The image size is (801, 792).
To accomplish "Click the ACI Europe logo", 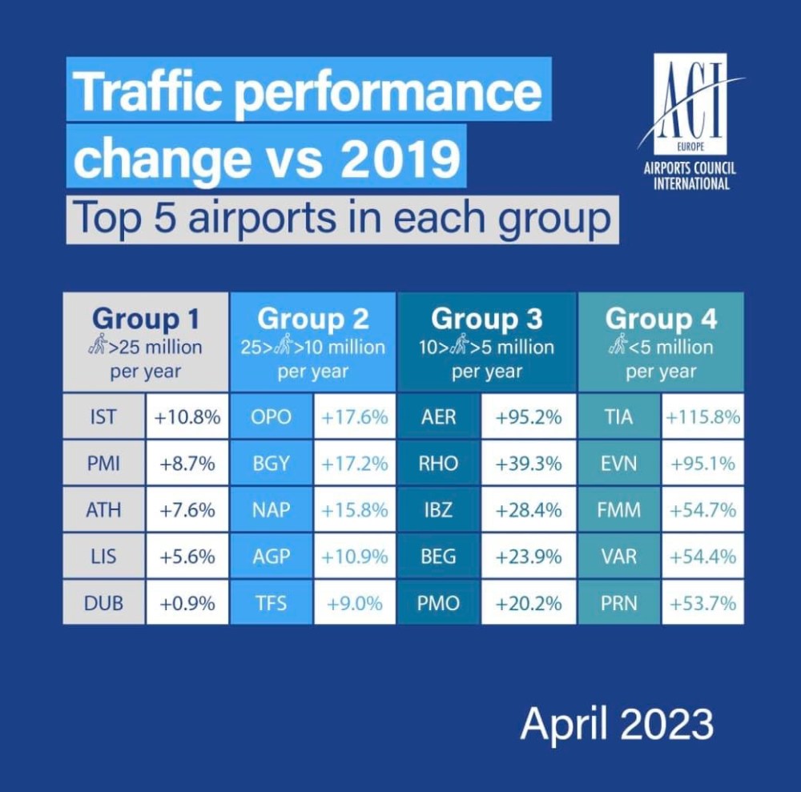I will pyautogui.click(x=690, y=104).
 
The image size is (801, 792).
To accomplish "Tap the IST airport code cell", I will pyautogui.click(x=104, y=416).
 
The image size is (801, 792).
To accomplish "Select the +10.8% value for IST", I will pyautogui.click(x=187, y=416).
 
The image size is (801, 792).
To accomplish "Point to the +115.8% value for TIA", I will pyautogui.click(x=702, y=416).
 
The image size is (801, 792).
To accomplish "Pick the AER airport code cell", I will pyautogui.click(x=439, y=416).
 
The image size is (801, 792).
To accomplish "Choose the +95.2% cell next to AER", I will pyautogui.click(x=528, y=416).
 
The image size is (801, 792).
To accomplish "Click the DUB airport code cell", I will pyautogui.click(x=104, y=603).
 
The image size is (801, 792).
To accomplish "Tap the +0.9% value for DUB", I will pyautogui.click(x=187, y=603).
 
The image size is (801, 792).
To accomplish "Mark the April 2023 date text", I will pyautogui.click(x=617, y=724).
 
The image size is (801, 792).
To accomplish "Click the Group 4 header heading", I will pyautogui.click(x=662, y=319).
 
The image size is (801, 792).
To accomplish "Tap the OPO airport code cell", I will pyautogui.click(x=271, y=416).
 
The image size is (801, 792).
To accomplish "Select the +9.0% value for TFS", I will pyautogui.click(x=355, y=603).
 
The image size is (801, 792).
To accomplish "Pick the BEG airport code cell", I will pyautogui.click(x=439, y=557).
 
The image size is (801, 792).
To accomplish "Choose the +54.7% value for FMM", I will pyautogui.click(x=702, y=509).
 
